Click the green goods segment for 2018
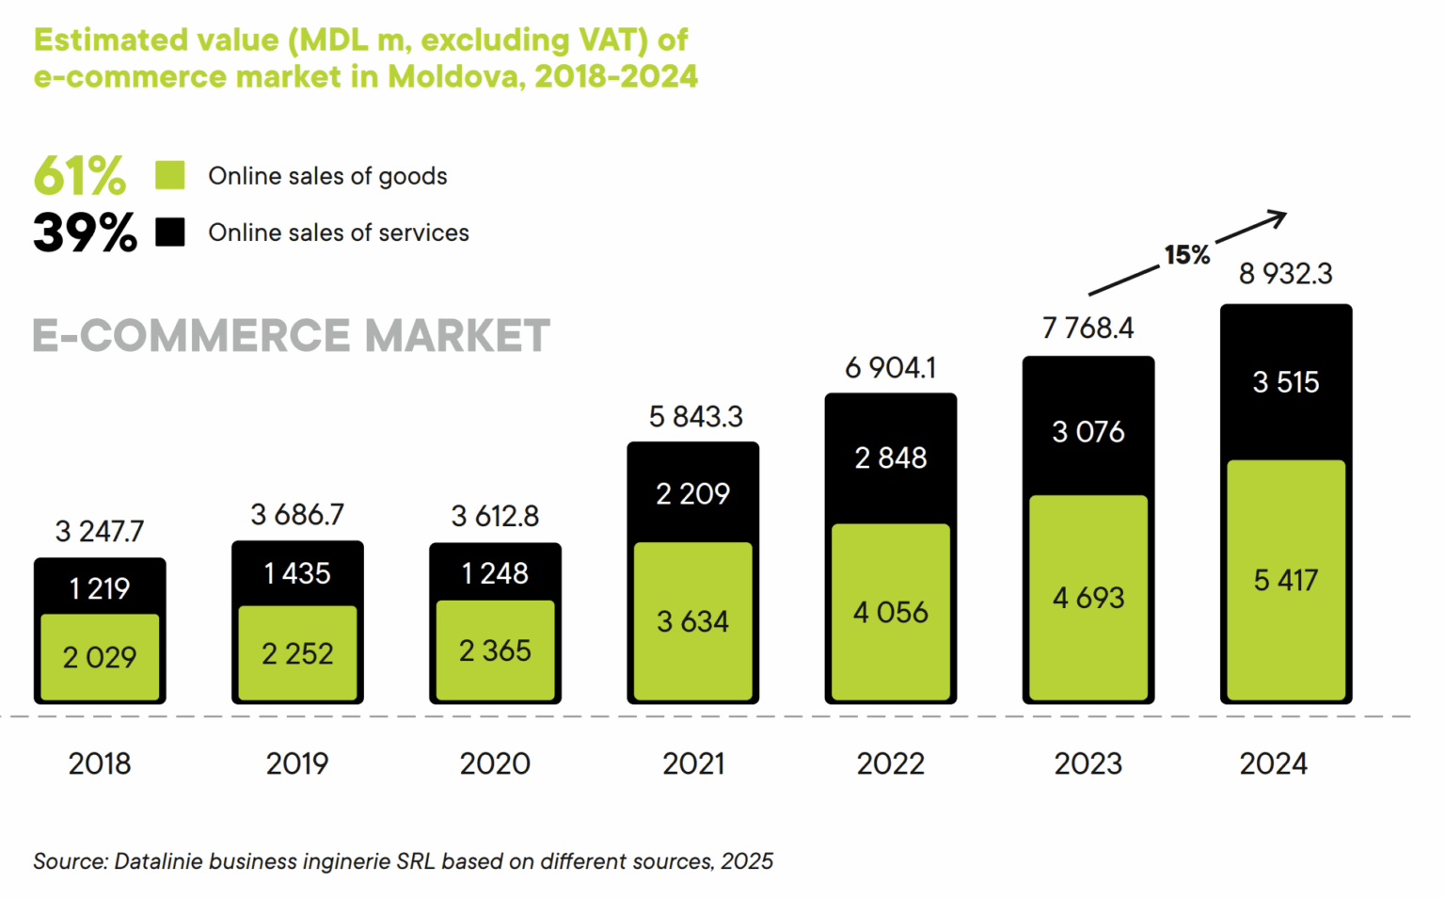pyautogui.click(x=100, y=657)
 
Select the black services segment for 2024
pyautogui.click(x=1285, y=382)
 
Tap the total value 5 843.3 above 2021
pyautogui.click(x=695, y=416)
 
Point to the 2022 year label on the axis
pyautogui.click(x=890, y=763)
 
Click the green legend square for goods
pyautogui.click(x=170, y=175)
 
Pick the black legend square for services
pyautogui.click(x=170, y=232)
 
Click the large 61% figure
pyautogui.click(x=79, y=175)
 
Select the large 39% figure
pyautogui.click(x=85, y=233)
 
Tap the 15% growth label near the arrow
pyautogui.click(x=1186, y=255)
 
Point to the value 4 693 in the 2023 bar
pyautogui.click(x=1088, y=598)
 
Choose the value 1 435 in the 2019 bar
pyautogui.click(x=297, y=573)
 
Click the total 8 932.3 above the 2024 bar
pyautogui.click(x=1285, y=274)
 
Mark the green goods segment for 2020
pyautogui.click(x=495, y=650)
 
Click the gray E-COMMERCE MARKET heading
pyautogui.click(x=291, y=336)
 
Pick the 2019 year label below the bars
pyautogui.click(x=297, y=763)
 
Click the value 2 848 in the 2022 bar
pyautogui.click(x=890, y=458)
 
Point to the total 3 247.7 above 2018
pyautogui.click(x=100, y=532)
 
